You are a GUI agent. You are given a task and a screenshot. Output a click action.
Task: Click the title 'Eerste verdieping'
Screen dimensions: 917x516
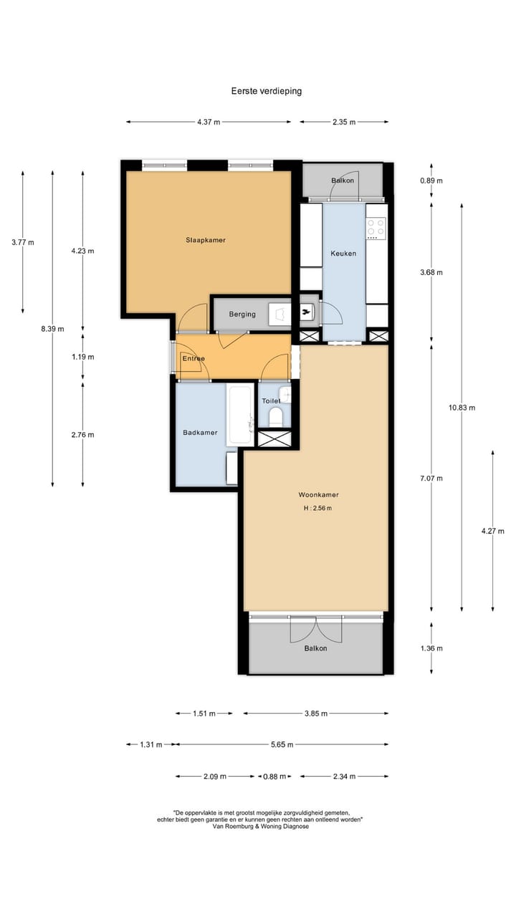coord(266,91)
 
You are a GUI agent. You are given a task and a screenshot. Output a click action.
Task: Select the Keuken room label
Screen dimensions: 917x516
coord(343,253)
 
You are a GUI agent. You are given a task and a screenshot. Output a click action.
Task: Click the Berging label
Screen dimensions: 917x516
coord(242,315)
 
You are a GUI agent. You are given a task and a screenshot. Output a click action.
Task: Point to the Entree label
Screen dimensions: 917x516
coord(193,359)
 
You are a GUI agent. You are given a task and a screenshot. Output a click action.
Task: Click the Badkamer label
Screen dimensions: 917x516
coord(200,432)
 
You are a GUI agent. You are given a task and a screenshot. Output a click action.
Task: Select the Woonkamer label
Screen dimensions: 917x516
coord(318,494)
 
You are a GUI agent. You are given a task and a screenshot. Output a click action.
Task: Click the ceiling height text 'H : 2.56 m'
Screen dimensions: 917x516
coord(318,508)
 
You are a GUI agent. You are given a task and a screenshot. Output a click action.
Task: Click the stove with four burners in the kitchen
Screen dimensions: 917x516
coord(376,227)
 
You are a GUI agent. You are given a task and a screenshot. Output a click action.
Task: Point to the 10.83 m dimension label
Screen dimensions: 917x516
coord(462,407)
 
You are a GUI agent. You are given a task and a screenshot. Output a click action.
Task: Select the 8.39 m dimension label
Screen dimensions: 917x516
coord(52,329)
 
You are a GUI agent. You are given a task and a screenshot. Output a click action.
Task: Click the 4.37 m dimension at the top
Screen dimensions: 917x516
coord(209,122)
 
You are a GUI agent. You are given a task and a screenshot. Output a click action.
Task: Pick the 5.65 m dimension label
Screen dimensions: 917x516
coord(282,744)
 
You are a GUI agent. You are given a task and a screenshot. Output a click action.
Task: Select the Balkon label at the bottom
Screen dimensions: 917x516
coord(315,648)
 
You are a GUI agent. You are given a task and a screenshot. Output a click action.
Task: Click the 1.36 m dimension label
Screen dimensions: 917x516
coord(431,648)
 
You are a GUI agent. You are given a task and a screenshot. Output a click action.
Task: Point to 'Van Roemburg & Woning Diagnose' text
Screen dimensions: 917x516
coord(261,826)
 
